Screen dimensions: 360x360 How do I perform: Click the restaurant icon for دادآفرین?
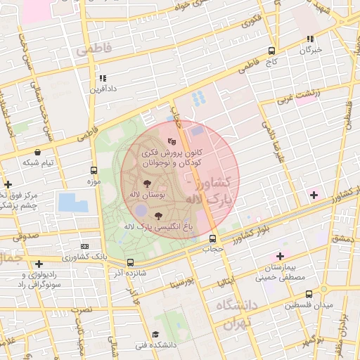103,79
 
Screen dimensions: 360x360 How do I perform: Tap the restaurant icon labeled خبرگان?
310,39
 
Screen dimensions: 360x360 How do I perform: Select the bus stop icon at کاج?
271,51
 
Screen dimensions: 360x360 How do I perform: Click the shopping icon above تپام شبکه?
37,152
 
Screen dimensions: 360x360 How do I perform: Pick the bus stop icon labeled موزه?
94,170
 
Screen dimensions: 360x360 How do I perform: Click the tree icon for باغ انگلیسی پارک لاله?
157,216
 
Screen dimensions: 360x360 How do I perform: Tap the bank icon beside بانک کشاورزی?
84,246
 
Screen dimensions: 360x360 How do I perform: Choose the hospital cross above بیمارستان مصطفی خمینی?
281,256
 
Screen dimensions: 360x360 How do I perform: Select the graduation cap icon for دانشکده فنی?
155,334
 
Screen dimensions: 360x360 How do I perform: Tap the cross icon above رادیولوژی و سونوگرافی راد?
39,264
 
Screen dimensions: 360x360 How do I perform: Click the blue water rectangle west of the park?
74,202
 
